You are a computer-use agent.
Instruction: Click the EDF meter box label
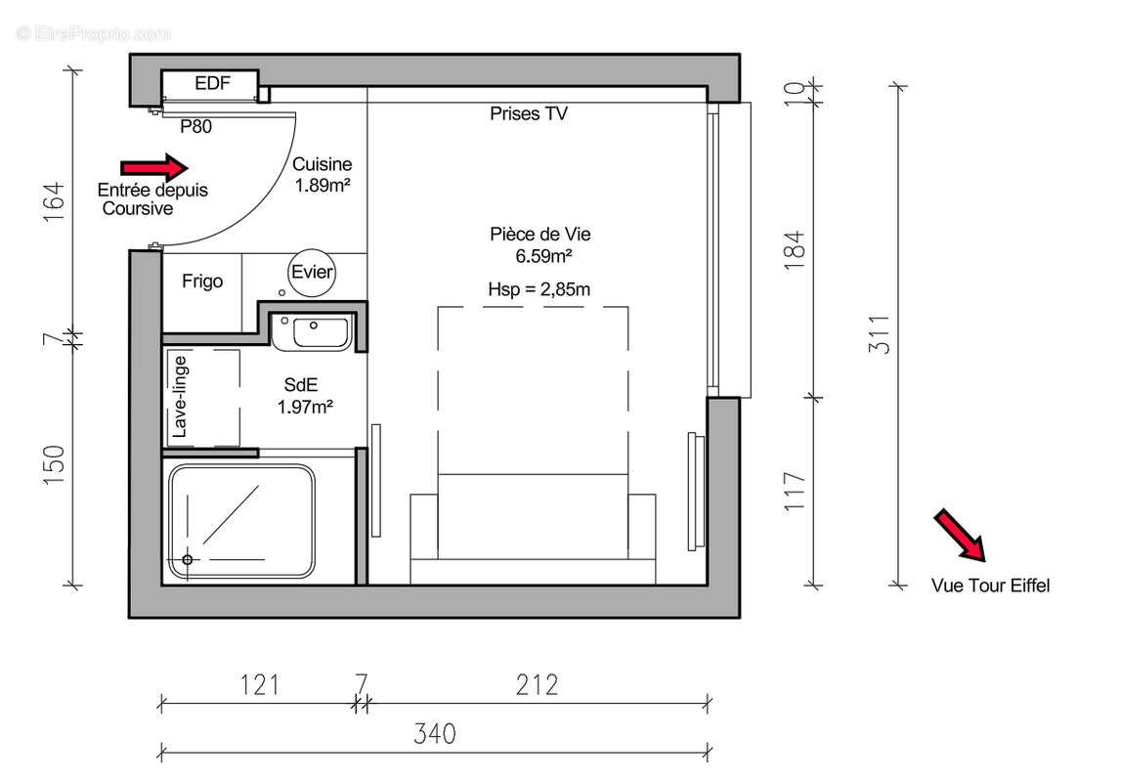(212, 84)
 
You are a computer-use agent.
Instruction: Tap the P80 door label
(196, 126)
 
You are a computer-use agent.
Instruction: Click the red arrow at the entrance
(153, 167)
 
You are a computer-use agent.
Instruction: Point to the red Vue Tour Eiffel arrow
(960, 536)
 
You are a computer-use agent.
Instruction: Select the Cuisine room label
(323, 165)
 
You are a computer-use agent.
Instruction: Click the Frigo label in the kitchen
(202, 282)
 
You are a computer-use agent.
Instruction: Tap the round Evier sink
(312, 273)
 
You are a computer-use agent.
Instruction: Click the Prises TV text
(528, 114)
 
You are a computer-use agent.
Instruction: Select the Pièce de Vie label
(540, 235)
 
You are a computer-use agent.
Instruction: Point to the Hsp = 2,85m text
(539, 289)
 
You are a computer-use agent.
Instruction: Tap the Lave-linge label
(180, 397)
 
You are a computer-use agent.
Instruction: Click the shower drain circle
(187, 560)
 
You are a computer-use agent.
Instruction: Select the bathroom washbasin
(312, 332)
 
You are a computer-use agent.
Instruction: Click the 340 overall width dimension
(434, 733)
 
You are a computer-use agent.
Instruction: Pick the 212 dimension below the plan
(537, 685)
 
